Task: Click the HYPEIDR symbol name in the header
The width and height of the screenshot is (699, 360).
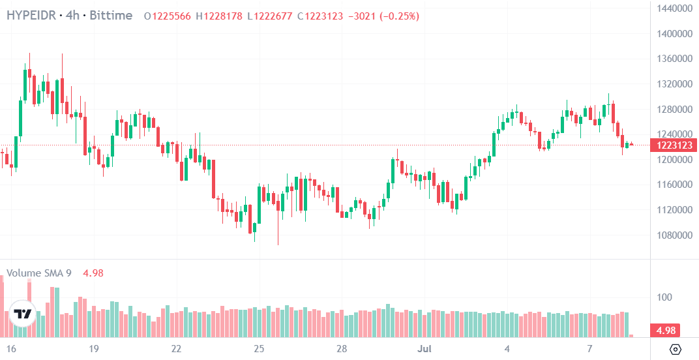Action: click(x=31, y=16)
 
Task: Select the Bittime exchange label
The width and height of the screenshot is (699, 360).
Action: click(x=111, y=16)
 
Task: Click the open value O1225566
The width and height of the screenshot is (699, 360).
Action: click(x=168, y=16)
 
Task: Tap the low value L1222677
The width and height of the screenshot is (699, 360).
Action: click(x=270, y=16)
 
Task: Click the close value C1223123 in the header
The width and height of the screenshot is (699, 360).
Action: click(x=320, y=16)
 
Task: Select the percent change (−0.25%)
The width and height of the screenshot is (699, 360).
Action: click(x=399, y=16)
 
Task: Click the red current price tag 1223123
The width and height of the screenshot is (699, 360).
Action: click(x=674, y=145)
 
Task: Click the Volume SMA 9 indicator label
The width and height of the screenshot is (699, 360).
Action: click(x=38, y=273)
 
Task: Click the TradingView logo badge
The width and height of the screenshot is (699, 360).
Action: click(x=23, y=314)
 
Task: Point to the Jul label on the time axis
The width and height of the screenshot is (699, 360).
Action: click(x=424, y=348)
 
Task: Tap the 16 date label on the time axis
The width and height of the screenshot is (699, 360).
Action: click(x=12, y=348)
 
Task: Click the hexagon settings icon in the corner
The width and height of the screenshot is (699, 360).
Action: click(x=676, y=348)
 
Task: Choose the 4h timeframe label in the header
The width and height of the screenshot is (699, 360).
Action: click(x=72, y=16)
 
